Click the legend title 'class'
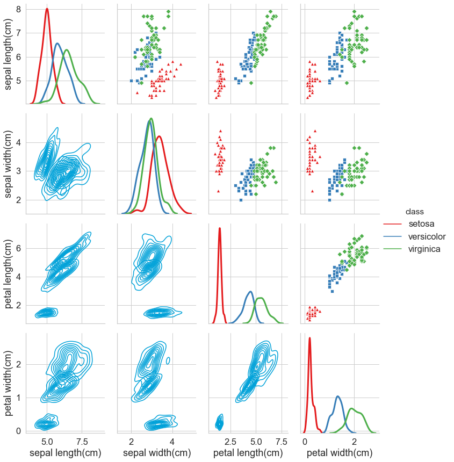415,211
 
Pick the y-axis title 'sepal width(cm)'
9,163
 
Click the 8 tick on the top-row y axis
18,9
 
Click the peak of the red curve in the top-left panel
47,9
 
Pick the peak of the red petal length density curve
220,228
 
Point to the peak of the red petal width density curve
309,338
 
